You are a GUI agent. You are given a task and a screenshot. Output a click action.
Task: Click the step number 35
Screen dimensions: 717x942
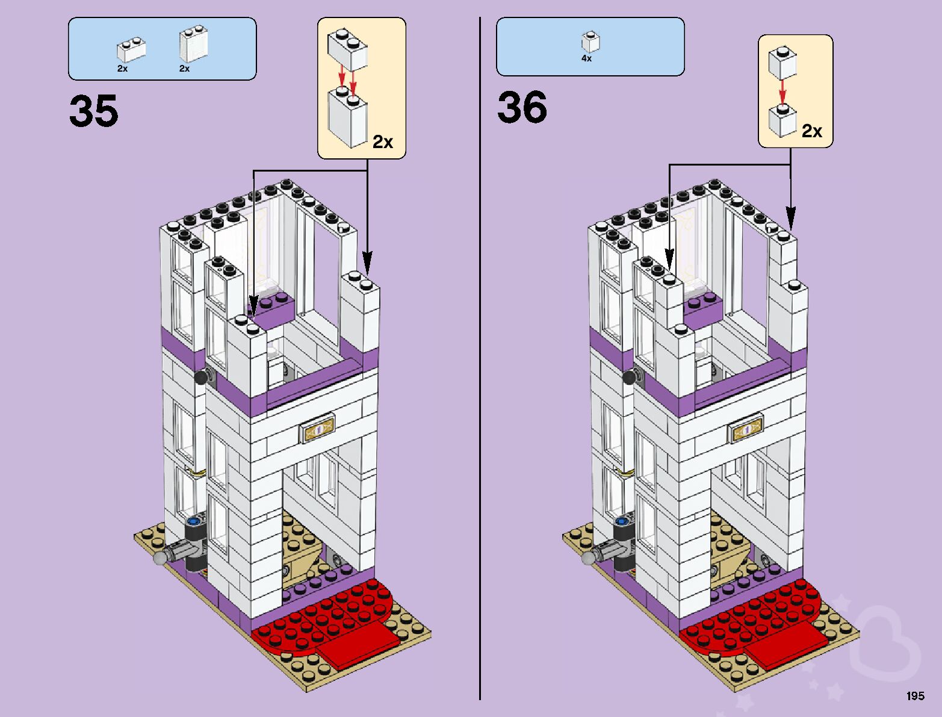[94, 111]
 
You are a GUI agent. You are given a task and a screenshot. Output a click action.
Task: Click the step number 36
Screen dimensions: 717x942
[522, 108]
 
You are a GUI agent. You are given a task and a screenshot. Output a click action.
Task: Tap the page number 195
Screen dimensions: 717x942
[915, 696]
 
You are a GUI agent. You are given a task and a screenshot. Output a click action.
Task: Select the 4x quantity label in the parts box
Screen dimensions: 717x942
[586, 58]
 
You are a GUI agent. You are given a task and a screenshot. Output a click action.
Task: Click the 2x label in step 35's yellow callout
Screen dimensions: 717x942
[383, 141]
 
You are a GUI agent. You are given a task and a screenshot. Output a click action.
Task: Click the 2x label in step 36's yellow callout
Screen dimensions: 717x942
[811, 131]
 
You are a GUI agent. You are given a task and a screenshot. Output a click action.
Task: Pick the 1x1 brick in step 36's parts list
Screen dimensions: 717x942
[590, 42]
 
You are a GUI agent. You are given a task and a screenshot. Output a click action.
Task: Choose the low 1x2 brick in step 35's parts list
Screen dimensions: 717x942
[131, 49]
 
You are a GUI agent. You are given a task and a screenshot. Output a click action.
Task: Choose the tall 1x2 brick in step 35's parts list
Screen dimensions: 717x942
[193, 44]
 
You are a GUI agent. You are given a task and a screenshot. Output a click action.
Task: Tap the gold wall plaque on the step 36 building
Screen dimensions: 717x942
[746, 429]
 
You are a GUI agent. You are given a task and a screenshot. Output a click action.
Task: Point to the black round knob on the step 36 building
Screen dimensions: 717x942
[630, 377]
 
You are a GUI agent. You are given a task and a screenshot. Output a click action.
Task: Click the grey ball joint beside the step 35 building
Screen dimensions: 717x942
[160, 558]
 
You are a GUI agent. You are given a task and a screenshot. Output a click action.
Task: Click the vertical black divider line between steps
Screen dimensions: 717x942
[480, 361]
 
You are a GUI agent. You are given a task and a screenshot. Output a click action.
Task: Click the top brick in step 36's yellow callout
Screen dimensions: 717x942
[782, 63]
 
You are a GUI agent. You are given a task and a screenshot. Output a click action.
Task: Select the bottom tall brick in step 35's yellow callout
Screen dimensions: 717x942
[347, 117]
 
